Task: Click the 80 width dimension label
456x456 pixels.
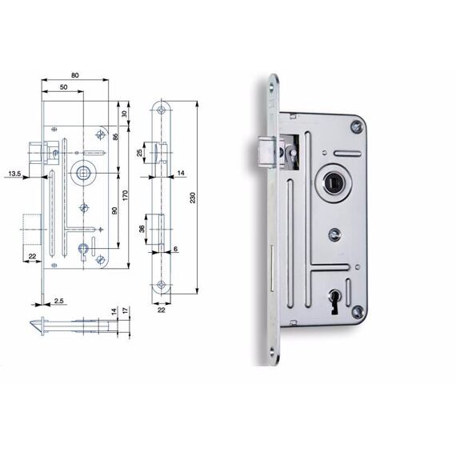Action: (74, 75)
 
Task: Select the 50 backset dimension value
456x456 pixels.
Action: (64, 87)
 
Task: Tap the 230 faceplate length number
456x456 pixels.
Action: (193, 198)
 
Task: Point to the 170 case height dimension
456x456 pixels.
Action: (125, 195)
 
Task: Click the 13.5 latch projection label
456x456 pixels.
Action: (14, 174)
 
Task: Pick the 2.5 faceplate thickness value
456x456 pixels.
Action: (58, 301)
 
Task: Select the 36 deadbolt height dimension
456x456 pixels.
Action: (142, 229)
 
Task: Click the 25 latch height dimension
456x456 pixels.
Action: (140, 152)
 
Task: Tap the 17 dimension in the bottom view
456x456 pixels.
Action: (126, 310)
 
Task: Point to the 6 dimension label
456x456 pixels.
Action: (175, 249)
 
